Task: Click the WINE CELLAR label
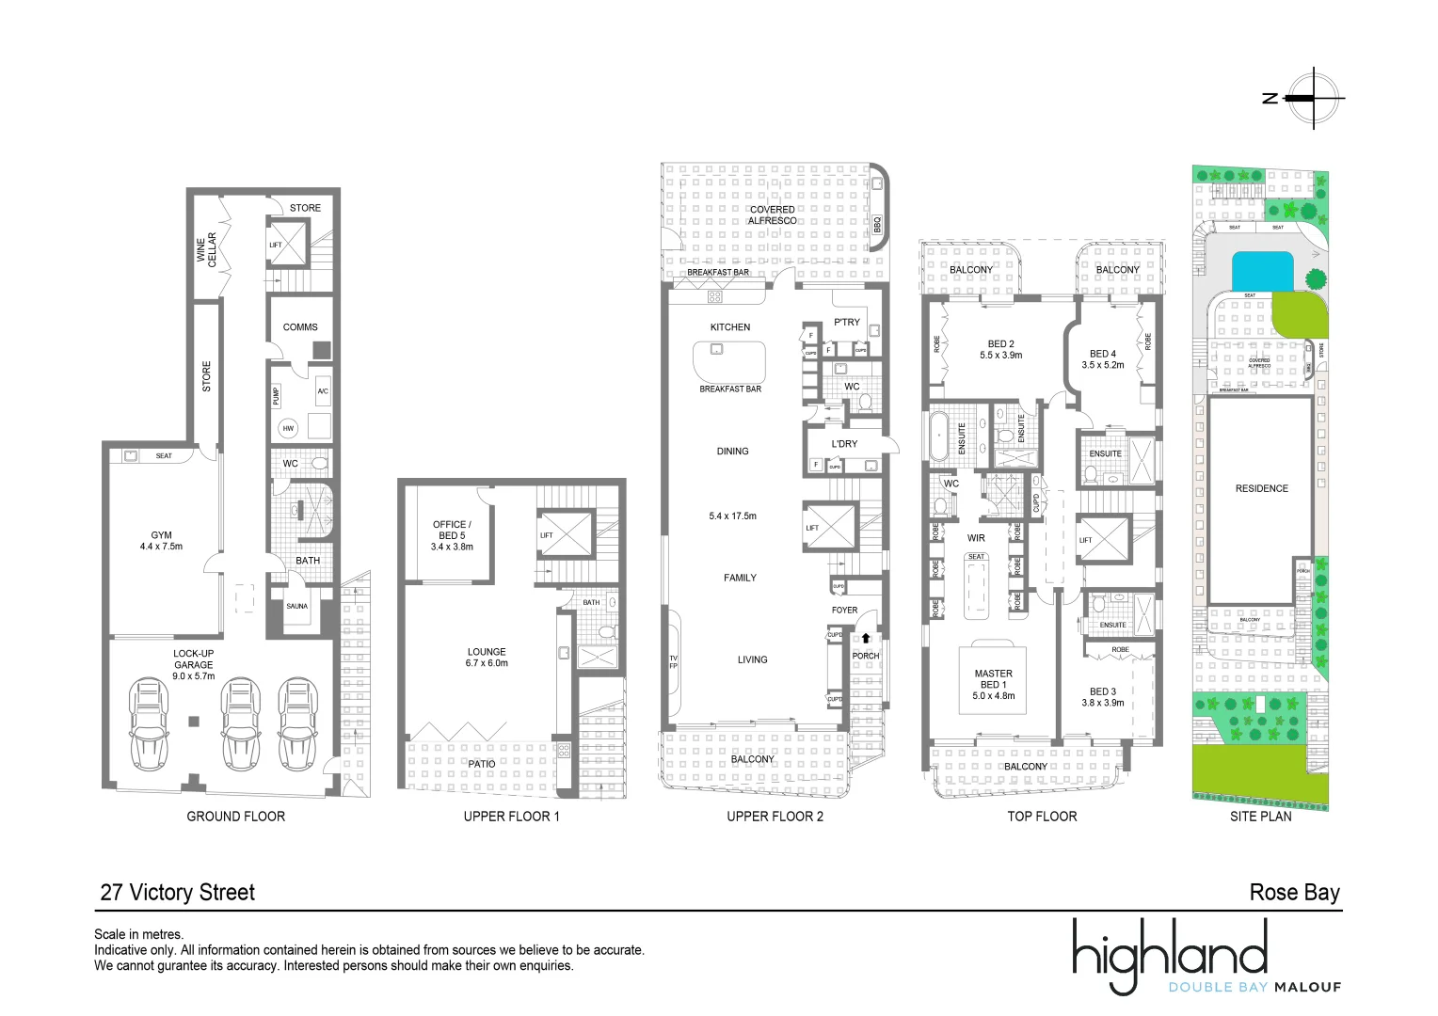click(206, 250)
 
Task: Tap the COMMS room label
click(300, 327)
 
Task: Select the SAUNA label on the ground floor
click(296, 607)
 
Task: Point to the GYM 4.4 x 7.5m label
click(161, 541)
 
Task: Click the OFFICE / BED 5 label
click(452, 535)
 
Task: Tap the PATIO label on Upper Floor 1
click(482, 764)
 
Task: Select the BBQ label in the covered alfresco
click(877, 226)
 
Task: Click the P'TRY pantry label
click(847, 322)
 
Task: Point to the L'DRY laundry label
click(844, 444)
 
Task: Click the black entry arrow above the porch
click(866, 638)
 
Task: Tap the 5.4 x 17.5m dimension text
click(732, 516)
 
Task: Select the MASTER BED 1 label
click(994, 685)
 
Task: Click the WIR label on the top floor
click(976, 539)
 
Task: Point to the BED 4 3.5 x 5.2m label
click(1103, 359)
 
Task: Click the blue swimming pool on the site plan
click(1263, 271)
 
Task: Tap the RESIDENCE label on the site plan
click(1262, 489)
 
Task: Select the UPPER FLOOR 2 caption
click(775, 817)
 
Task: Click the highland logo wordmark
click(1170, 952)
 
